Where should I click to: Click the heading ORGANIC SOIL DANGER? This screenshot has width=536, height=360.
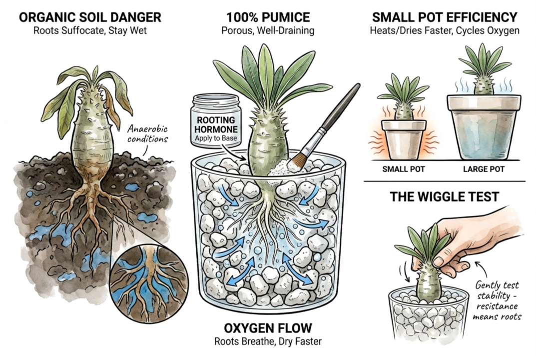(90, 17)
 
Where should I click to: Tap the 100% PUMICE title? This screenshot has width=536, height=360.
(268, 17)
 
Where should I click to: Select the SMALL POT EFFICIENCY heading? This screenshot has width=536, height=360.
(445, 17)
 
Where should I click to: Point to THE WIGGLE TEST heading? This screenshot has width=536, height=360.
(445, 197)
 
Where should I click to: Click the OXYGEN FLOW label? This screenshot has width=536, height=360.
(268, 328)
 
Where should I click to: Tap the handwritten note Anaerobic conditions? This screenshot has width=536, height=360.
(148, 134)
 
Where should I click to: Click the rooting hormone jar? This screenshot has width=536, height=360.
(216, 121)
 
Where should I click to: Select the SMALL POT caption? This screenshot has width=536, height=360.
(403, 169)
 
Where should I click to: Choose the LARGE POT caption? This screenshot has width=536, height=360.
(484, 169)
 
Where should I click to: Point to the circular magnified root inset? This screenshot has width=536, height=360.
(149, 283)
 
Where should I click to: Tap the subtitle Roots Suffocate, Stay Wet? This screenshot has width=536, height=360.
(90, 30)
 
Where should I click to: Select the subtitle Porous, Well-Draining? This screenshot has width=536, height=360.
(268, 30)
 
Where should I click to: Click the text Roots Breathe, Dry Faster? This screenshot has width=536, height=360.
(268, 341)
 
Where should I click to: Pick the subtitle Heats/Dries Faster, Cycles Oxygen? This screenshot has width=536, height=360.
(445, 30)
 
